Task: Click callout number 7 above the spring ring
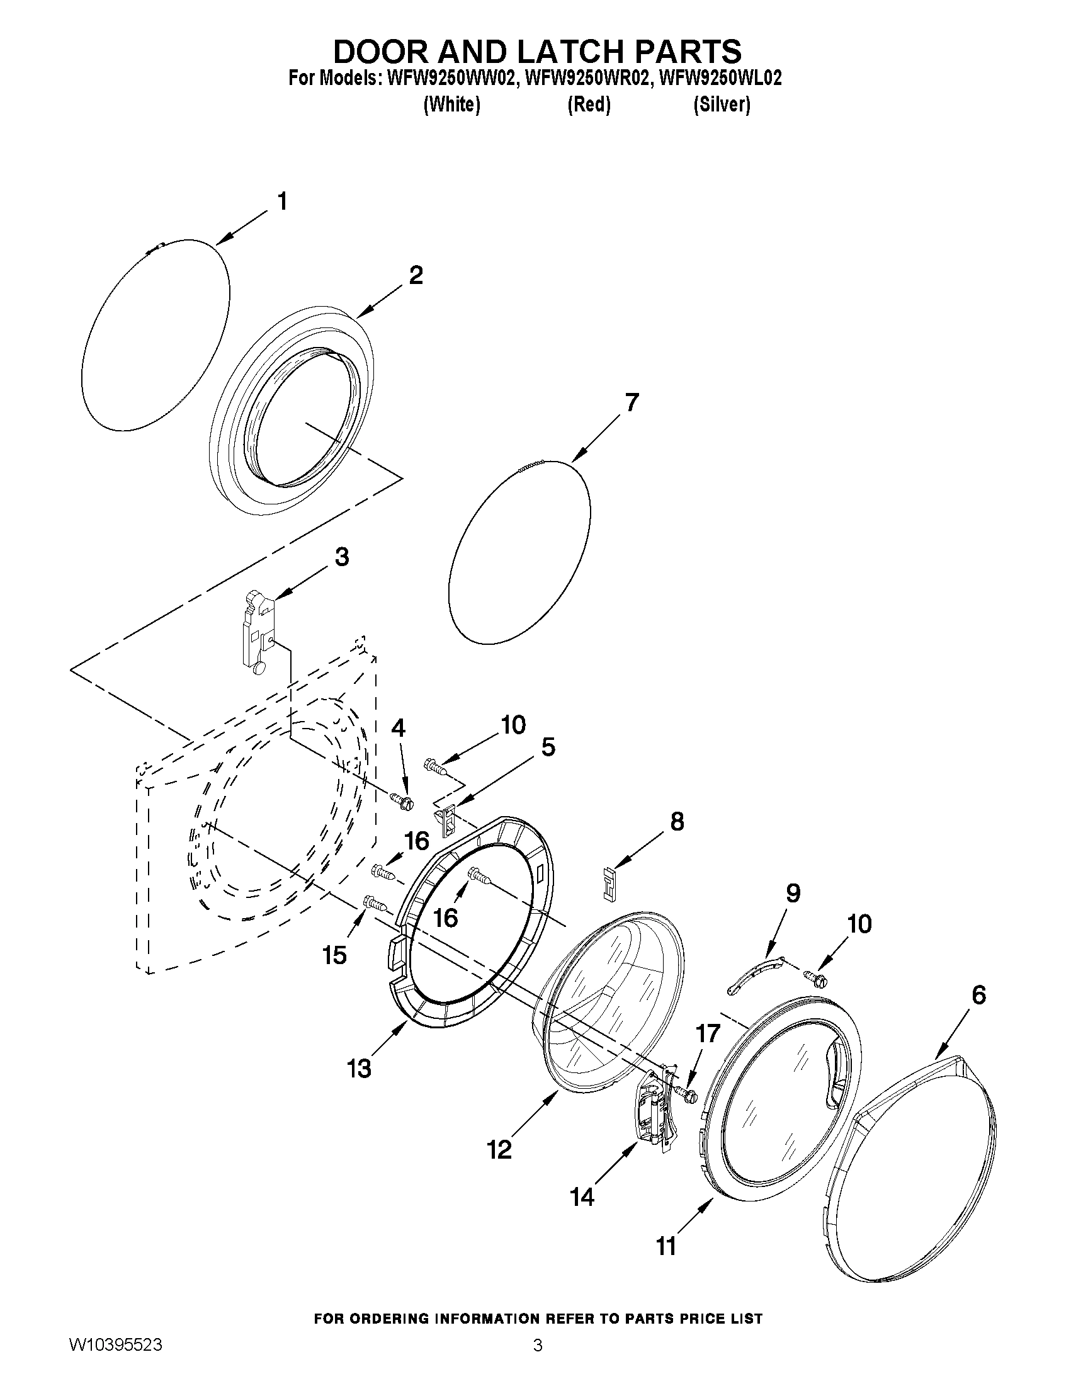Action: tap(632, 403)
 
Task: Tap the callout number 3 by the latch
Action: tap(341, 557)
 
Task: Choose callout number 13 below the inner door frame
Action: tap(359, 1069)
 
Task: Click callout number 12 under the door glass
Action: tap(500, 1149)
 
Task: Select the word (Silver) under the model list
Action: tap(722, 104)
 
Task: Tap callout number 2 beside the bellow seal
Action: tap(416, 275)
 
